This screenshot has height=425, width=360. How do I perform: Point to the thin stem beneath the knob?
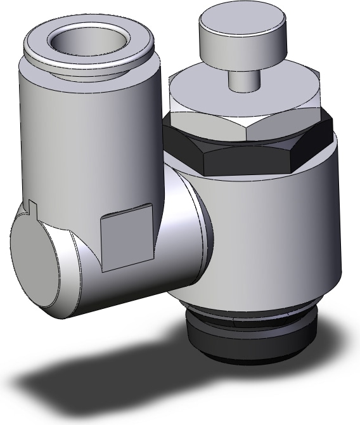click(x=243, y=81)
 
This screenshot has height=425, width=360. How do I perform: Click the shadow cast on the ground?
click(x=95, y=381)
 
